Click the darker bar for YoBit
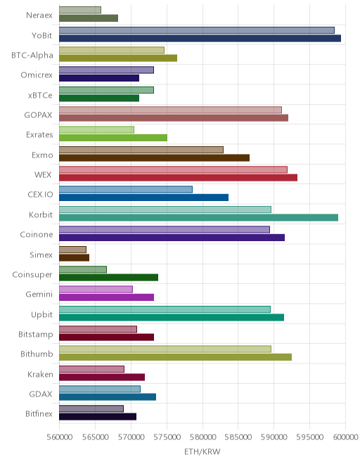click(200, 38)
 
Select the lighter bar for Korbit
click(165, 210)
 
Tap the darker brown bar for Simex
click(74, 257)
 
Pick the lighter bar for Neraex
click(80, 10)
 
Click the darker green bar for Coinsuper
click(109, 277)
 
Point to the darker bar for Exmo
click(154, 157)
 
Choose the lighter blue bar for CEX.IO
click(126, 189)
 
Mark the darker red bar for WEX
click(178, 178)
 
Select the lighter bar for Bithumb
click(165, 349)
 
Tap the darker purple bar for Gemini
click(107, 297)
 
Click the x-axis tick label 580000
click(202, 437)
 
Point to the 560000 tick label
click(60, 437)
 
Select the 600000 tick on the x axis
click(345, 437)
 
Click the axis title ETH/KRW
click(202, 451)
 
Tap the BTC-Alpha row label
click(32, 56)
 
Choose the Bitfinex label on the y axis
click(39, 413)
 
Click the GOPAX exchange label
click(38, 115)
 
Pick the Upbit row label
click(41, 314)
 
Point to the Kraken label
click(40, 374)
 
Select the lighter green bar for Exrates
click(96, 129)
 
